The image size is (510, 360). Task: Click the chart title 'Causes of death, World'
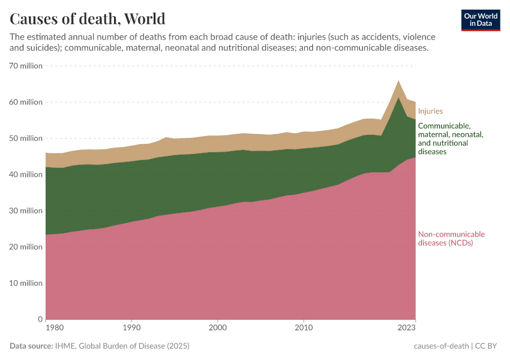pos(88,18)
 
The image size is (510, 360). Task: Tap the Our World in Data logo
pos(480,20)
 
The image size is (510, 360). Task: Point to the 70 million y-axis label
pos(26,66)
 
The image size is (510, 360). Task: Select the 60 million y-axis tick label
pos(26,102)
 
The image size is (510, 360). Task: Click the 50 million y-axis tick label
pos(26,138)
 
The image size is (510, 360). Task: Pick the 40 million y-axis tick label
pos(26,175)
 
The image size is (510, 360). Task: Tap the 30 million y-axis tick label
pos(26,211)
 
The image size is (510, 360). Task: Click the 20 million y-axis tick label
pos(26,247)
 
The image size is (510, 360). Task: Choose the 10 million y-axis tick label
pos(26,283)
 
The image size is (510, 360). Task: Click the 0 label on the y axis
pos(40,319)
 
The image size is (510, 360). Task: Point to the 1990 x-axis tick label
pos(132,328)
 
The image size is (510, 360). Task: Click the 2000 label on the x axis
pos(218,328)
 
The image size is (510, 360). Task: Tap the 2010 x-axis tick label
pos(304,328)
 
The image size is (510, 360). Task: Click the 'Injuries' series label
pos(430,111)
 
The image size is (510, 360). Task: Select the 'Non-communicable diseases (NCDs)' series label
pos(451,238)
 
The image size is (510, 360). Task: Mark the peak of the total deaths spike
pos(398,80)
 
